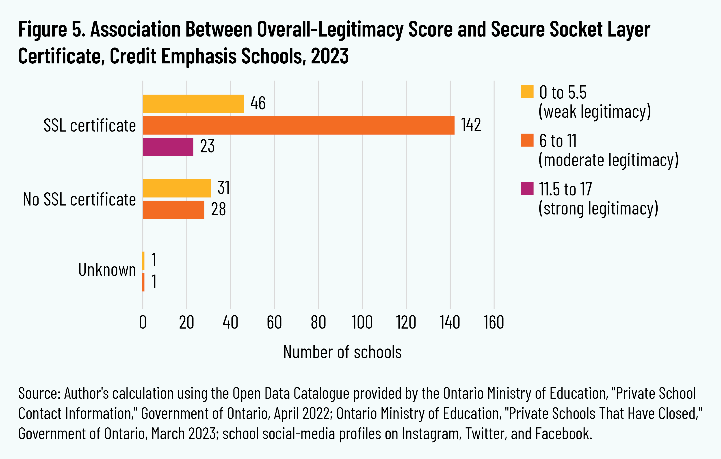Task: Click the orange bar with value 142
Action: [x=298, y=126]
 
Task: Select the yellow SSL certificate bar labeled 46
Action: [x=193, y=104]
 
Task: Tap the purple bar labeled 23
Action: [x=168, y=147]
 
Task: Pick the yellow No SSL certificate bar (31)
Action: [x=177, y=188]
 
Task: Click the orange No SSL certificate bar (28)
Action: [x=173, y=210]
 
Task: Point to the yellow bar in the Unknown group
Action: [x=144, y=261]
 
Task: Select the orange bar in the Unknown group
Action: [x=144, y=282]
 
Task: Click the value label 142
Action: [x=471, y=125]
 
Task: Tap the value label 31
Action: [x=224, y=188]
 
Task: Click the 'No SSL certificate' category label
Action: [x=79, y=199]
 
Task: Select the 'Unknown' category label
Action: [x=107, y=270]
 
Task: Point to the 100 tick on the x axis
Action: [x=362, y=323]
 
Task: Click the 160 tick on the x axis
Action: [x=494, y=323]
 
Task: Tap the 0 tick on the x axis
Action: [x=143, y=323]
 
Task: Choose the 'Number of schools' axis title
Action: [x=342, y=352]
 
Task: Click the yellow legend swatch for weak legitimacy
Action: [x=527, y=92]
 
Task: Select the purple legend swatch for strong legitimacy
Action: [x=527, y=188]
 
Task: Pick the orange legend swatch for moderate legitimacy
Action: [x=527, y=140]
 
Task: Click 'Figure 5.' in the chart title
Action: [x=52, y=29]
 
